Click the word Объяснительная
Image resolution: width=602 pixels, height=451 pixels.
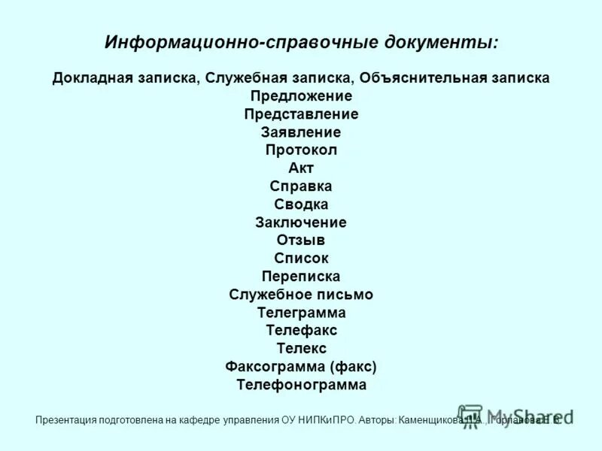coord(422,78)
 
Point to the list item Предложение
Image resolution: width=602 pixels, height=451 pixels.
coord(301,96)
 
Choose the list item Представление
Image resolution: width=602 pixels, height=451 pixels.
coord(301,114)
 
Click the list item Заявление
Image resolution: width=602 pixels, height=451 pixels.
coord(301,132)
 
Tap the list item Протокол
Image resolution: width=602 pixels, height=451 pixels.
coord(301,150)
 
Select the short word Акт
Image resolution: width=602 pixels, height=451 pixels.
coord(301,168)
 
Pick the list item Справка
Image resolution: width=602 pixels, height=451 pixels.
coord(301,186)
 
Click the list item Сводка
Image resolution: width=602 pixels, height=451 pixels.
coord(301,204)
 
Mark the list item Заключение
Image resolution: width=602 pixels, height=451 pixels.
coord(301,222)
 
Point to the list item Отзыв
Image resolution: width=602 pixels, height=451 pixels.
coord(301,241)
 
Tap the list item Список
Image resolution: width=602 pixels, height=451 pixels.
coord(301,259)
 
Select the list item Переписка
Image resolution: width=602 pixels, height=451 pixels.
coord(301,277)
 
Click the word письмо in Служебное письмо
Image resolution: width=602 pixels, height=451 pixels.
coord(343,295)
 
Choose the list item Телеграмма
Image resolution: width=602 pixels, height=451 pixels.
coord(301,313)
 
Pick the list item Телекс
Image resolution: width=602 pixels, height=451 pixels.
coord(301,349)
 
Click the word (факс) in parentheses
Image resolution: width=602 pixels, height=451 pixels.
coord(352,367)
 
